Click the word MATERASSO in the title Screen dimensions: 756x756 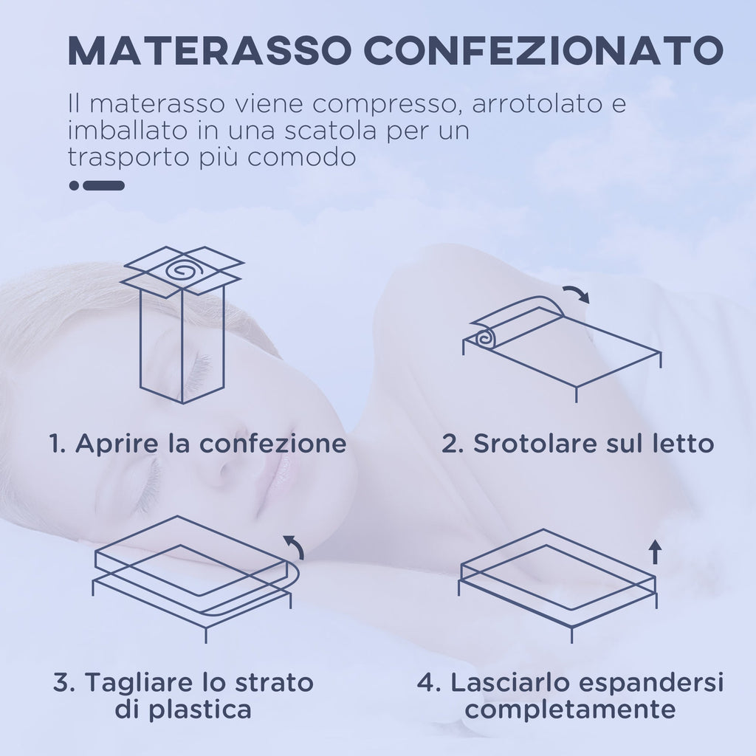coord(209,50)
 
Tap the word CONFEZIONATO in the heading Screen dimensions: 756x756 coord(543,50)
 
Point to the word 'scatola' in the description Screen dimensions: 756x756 coord(330,131)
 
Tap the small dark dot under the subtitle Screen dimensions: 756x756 coord(74,185)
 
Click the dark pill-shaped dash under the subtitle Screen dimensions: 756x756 coord(103,185)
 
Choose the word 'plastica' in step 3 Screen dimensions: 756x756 coord(199,710)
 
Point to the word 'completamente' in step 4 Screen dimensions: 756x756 coord(570,710)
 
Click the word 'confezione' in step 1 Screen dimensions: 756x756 coord(273,444)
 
